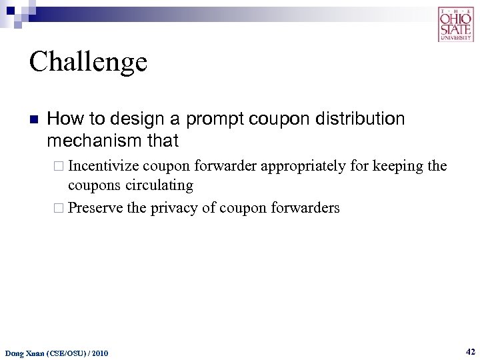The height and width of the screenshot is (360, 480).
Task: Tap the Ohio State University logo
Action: tap(455, 25)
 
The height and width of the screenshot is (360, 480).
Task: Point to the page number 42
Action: tap(470, 351)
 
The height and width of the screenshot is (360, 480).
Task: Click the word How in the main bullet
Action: tap(61, 119)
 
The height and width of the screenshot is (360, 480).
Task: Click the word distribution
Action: tap(361, 119)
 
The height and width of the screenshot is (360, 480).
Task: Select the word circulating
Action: tap(159, 185)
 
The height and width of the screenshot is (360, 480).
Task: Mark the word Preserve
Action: tap(96, 208)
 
